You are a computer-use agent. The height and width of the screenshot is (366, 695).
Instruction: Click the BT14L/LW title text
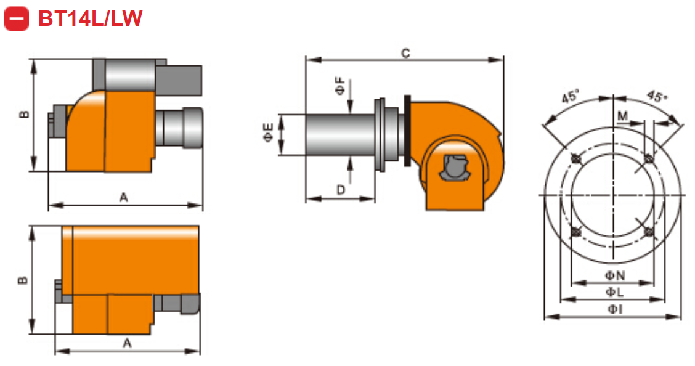pos(90,19)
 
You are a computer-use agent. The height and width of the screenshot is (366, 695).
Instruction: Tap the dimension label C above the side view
pos(405,54)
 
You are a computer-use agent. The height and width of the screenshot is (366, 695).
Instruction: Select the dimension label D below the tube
pos(341,190)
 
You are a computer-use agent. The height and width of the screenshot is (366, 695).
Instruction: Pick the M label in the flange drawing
pos(622,116)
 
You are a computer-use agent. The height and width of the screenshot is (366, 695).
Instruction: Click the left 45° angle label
pos(571,97)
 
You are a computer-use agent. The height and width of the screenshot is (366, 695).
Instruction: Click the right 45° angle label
pos(657,97)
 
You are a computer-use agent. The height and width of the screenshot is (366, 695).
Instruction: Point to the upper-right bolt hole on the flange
pos(648,159)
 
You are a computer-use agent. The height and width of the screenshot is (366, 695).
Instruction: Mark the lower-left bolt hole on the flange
pos(576,232)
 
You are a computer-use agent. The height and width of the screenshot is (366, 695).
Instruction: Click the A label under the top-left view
pos(123,197)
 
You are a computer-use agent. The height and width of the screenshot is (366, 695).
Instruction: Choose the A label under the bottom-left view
pos(127,344)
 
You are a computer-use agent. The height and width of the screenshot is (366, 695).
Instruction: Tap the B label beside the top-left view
pos(23,115)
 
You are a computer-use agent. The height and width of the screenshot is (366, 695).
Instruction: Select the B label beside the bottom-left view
pos(23,280)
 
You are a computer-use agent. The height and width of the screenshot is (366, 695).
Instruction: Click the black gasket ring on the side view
pos(407,131)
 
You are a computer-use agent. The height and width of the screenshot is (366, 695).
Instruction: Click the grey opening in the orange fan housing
pos(455,168)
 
